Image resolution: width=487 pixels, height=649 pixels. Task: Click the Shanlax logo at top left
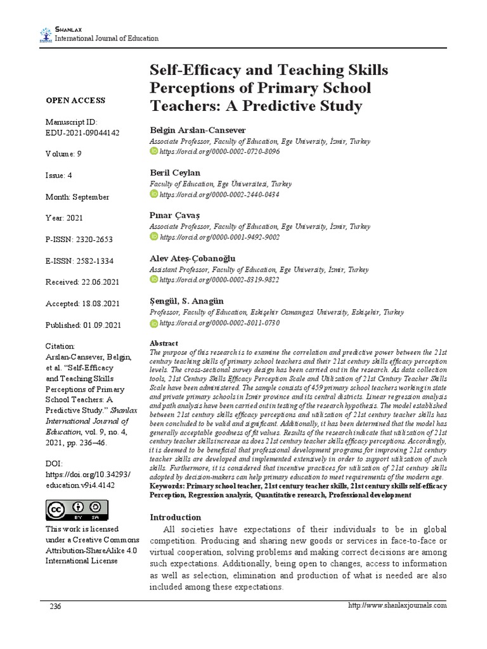[46, 34]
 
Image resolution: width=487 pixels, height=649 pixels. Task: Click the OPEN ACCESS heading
[75, 101]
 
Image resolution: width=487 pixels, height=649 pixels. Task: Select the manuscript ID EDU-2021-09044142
[82, 132]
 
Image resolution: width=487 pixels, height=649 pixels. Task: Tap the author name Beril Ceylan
[175, 172]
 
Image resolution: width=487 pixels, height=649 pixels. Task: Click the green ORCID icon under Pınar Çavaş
[153, 236]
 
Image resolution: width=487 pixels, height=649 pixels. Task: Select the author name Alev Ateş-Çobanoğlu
[192, 258]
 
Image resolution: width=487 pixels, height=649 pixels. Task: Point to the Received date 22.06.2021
[82, 282]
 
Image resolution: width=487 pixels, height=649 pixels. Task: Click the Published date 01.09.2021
[83, 325]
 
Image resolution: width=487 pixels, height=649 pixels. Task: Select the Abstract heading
[163, 343]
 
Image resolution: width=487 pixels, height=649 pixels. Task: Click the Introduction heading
[175, 517]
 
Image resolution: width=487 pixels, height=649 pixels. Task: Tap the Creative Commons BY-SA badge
[77, 510]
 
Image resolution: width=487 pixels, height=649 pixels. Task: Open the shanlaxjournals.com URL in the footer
[398, 605]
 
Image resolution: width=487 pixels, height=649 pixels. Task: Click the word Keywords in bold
[167, 486]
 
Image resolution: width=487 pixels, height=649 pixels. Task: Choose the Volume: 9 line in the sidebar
[63, 154]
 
